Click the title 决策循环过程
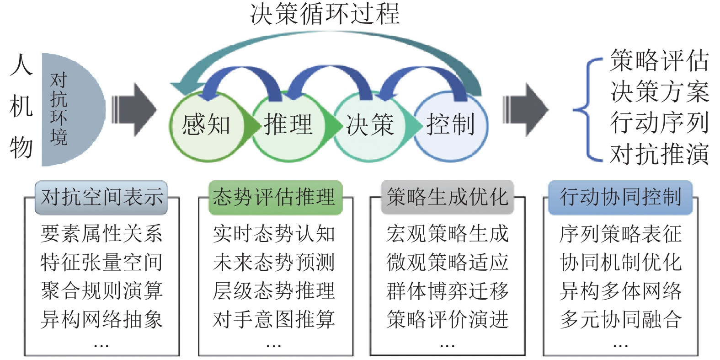pos(325,14)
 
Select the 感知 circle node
pos(206,125)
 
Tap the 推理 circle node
pos(288,125)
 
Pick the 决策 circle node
pos(369,125)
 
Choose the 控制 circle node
pos(451,125)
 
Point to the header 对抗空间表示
pos(101,198)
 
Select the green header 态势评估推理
pos(275,198)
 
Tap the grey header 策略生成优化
pos(448,198)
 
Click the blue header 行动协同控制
pos(620,198)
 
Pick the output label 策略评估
pos(659,61)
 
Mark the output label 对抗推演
pos(659,154)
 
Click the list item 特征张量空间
pos(101,262)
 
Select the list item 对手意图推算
pos(274,319)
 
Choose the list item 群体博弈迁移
pos(448,291)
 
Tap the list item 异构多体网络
pos(620,291)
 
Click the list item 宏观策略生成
pos(448,234)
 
